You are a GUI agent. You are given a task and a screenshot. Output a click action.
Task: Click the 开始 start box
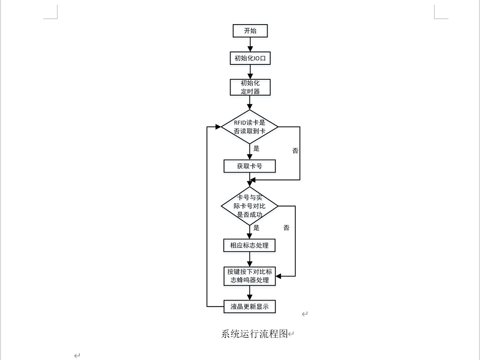click(250, 31)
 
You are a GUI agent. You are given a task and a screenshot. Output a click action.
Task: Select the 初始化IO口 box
click(250, 58)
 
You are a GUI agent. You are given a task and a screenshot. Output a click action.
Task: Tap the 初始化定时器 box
click(250, 87)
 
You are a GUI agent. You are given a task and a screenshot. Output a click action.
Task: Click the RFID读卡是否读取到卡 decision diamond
click(250, 127)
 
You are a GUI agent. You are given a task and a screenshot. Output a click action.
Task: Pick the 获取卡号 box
click(250, 166)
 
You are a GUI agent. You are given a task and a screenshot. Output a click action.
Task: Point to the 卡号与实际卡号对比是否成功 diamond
click(250, 206)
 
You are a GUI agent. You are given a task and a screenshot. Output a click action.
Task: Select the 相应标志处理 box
click(250, 245)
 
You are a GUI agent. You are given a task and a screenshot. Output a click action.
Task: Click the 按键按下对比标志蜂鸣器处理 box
click(250, 276)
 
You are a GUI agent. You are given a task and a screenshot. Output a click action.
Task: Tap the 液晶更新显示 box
click(250, 307)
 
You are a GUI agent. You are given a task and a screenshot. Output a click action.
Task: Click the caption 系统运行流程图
click(255, 334)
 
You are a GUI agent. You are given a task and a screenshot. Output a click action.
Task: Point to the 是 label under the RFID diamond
click(256, 149)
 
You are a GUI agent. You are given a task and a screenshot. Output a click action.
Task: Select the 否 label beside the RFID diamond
click(295, 151)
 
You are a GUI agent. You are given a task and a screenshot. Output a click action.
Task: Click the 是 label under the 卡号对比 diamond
click(256, 228)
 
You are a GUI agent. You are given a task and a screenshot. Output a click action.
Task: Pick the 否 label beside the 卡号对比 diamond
click(287, 228)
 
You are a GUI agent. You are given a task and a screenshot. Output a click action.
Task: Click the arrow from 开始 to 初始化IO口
click(250, 45)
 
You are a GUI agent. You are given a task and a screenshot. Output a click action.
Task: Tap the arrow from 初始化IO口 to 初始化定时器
click(250, 72)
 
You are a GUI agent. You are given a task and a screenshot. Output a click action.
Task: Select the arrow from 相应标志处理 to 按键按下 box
click(250, 259)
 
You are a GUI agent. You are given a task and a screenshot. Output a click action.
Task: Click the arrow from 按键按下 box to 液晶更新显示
click(250, 293)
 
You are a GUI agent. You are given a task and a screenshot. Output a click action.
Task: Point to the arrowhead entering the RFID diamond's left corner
click(218, 127)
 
